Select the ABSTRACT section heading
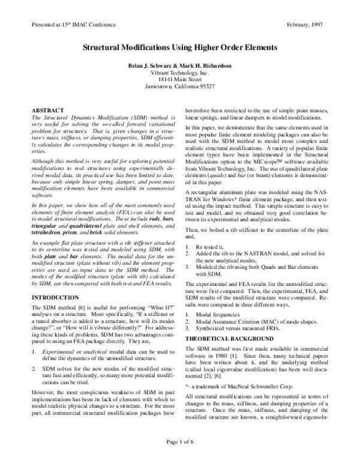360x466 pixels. coord(47,111)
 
